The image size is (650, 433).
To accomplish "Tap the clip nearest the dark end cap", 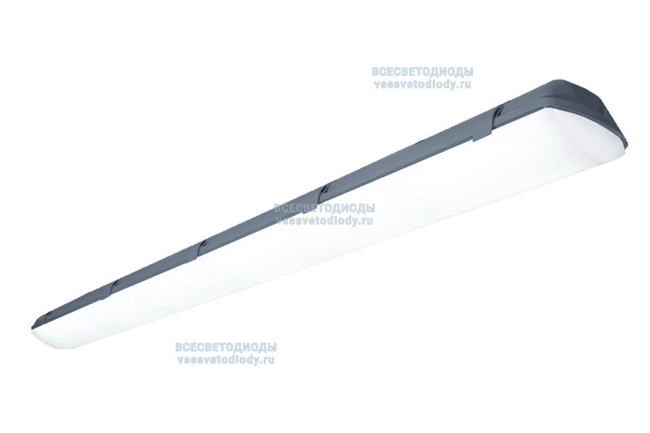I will click(x=497, y=113).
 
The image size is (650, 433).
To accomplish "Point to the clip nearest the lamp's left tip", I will click(x=49, y=313).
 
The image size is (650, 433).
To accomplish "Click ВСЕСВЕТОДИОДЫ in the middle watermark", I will click(x=324, y=208).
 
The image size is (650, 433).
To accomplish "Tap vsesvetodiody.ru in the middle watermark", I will click(x=324, y=220).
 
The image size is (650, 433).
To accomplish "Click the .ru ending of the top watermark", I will click(x=464, y=84).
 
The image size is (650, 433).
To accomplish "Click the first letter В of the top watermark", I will click(x=375, y=72).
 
